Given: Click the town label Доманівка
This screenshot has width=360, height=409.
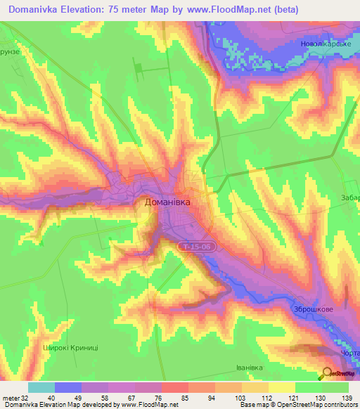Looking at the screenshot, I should pos(167,201).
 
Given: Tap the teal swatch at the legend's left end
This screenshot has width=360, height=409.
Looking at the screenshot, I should pos(41,387).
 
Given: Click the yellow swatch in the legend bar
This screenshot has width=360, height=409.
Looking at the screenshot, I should pos(281,387).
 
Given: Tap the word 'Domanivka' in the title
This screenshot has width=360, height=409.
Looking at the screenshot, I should pos(39,10).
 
